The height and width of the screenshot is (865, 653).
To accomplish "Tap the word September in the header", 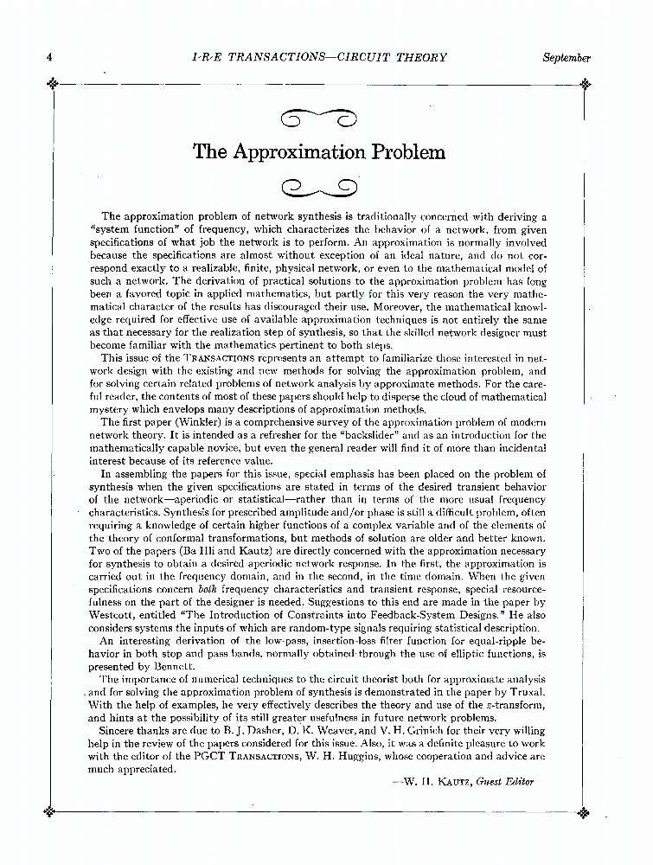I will coord(567,58).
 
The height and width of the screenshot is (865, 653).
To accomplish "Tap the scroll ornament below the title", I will coord(319,184).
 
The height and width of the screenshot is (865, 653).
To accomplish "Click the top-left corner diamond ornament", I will coord(53,84).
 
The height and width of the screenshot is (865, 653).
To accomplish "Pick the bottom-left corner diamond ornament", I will coord(53,811).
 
